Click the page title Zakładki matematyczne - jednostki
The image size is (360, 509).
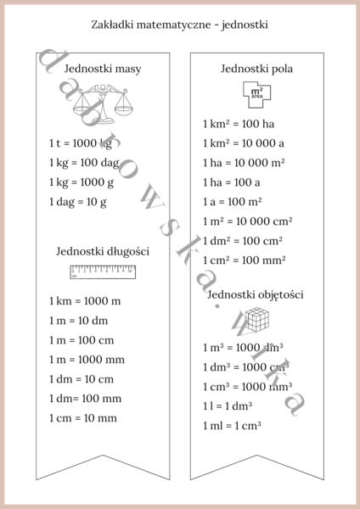click(x=179, y=25)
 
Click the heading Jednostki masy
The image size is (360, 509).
click(x=103, y=68)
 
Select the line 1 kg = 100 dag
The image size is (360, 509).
click(x=84, y=163)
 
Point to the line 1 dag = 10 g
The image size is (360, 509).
click(x=77, y=202)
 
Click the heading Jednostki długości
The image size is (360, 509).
click(x=103, y=251)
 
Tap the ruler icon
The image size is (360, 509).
click(x=103, y=271)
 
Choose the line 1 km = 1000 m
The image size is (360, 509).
click(x=85, y=301)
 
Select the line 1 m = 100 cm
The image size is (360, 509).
click(x=82, y=340)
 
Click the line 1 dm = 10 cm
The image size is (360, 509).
click(x=81, y=379)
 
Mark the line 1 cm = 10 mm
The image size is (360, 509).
click(x=82, y=418)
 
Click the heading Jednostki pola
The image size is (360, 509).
click(x=256, y=69)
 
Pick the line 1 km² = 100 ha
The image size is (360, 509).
click(x=239, y=124)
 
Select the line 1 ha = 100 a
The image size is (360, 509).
click(x=231, y=182)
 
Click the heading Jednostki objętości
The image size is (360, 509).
click(x=256, y=295)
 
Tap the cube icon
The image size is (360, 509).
click(x=256, y=320)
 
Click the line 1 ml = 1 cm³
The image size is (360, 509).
click(x=231, y=425)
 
